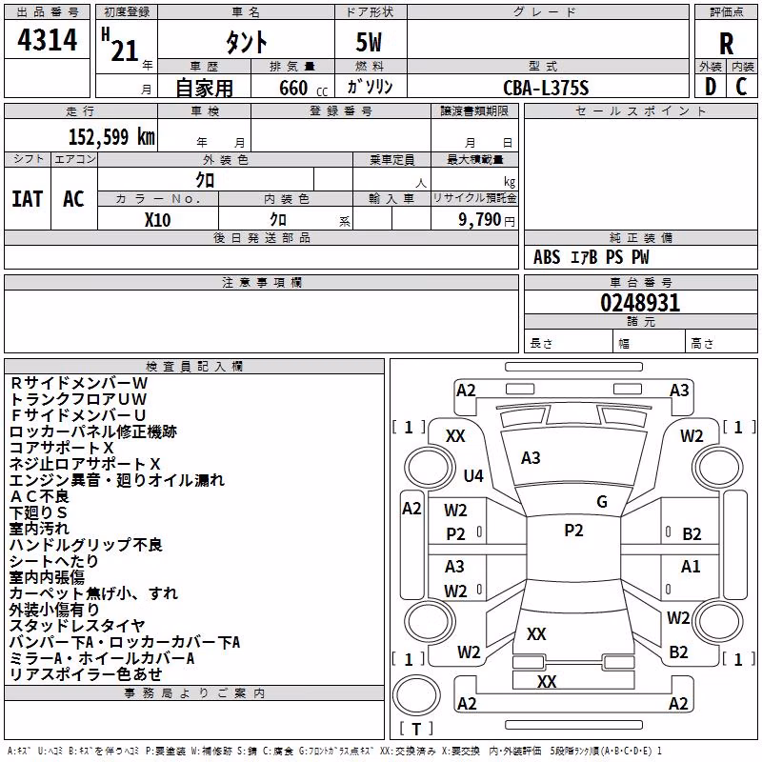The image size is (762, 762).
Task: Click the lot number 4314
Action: click(47, 40)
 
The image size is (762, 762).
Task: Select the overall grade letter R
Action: click(726, 44)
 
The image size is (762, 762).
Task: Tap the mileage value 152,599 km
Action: click(111, 136)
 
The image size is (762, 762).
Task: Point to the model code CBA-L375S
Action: click(546, 88)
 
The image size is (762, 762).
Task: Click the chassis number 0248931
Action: click(640, 302)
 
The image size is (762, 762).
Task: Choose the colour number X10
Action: click(157, 220)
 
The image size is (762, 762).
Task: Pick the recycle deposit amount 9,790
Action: click(479, 219)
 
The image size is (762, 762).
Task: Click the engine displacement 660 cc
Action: click(303, 88)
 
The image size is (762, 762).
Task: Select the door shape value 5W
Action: click(369, 42)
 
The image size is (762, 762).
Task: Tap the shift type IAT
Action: click(27, 199)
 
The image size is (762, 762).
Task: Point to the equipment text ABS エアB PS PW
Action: click(591, 257)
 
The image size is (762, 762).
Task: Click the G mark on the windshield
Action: click(602, 501)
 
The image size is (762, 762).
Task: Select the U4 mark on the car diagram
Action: click(473, 475)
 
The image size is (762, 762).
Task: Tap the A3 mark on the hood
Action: click(531, 458)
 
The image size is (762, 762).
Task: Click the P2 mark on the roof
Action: click(573, 531)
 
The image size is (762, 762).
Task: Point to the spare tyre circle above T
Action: click(416, 695)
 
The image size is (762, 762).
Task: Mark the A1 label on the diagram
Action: click(691, 566)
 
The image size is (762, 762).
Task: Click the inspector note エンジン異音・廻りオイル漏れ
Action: click(117, 480)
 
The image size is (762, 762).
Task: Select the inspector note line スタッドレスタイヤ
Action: click(77, 626)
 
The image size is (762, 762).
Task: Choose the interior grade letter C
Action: click(741, 87)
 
